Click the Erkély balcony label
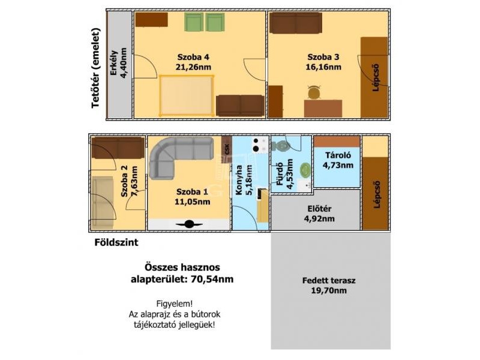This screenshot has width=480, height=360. [x=114, y=63]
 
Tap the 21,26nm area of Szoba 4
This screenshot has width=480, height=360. [x=193, y=67]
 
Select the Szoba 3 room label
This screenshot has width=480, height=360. [x=323, y=57]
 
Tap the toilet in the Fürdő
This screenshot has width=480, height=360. [x=280, y=146]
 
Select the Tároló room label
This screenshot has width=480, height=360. [x=338, y=155]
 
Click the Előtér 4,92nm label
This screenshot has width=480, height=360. [x=319, y=214]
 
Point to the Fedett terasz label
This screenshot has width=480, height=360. [x=329, y=280]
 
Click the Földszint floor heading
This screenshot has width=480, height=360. [x=116, y=242]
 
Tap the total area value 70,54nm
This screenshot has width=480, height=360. [x=212, y=279]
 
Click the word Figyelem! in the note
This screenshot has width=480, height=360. [x=175, y=304]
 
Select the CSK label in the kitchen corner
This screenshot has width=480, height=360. [x=227, y=149]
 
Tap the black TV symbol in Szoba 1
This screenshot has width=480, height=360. [x=189, y=224]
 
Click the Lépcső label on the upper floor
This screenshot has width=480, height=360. [x=376, y=77]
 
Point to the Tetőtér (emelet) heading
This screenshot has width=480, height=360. [x=96, y=68]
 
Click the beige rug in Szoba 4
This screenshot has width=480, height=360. [x=186, y=95]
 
